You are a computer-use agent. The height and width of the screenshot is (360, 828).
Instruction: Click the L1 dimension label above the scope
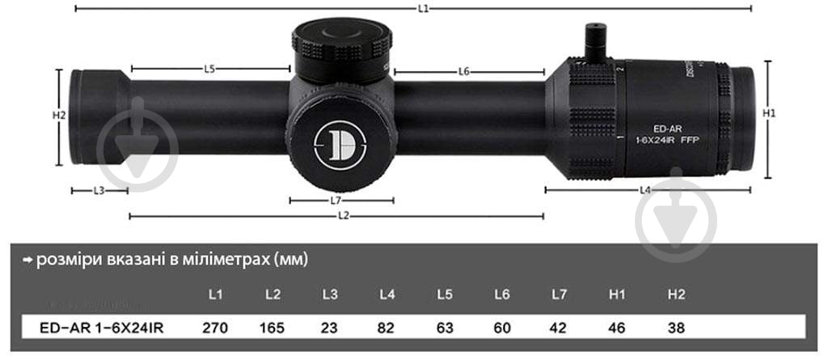pyautogui.click(x=424, y=8)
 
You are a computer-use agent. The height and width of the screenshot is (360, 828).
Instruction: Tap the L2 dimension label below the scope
pyautogui.click(x=344, y=216)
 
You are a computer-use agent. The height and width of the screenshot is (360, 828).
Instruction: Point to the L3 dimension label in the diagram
pyautogui.click(x=99, y=191)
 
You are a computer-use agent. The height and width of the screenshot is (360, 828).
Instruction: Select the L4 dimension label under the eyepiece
pyautogui.click(x=644, y=190)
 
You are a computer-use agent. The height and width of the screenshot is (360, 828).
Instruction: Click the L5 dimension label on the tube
pyautogui.click(x=209, y=70)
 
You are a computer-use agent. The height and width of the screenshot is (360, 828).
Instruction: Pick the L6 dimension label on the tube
pyautogui.click(x=463, y=71)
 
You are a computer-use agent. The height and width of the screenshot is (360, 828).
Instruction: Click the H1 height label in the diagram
pyautogui.click(x=770, y=113)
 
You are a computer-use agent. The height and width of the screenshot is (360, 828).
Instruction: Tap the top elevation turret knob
pyautogui.click(x=341, y=46)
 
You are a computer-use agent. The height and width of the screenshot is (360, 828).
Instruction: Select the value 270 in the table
pyautogui.click(x=215, y=328)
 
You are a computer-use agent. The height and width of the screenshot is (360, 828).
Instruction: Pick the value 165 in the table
pyautogui.click(x=272, y=328)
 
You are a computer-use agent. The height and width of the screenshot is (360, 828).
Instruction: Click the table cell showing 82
pyautogui.click(x=387, y=328)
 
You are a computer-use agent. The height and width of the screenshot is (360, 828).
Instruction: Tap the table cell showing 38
pyautogui.click(x=676, y=328)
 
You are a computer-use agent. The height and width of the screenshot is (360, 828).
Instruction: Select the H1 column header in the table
pyautogui.click(x=618, y=295)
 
